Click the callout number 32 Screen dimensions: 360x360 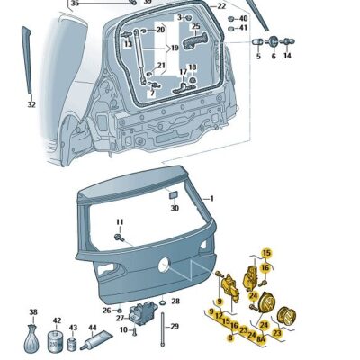31,104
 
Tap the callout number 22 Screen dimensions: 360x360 221,6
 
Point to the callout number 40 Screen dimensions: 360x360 243,17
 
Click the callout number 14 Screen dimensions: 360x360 287,56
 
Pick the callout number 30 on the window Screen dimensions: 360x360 175,208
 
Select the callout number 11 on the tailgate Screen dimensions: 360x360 119,221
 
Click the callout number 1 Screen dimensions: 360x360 211,197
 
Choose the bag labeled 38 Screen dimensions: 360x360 34,342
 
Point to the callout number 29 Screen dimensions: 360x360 175,326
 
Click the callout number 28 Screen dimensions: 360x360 175,301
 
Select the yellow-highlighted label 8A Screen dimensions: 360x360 261,340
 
